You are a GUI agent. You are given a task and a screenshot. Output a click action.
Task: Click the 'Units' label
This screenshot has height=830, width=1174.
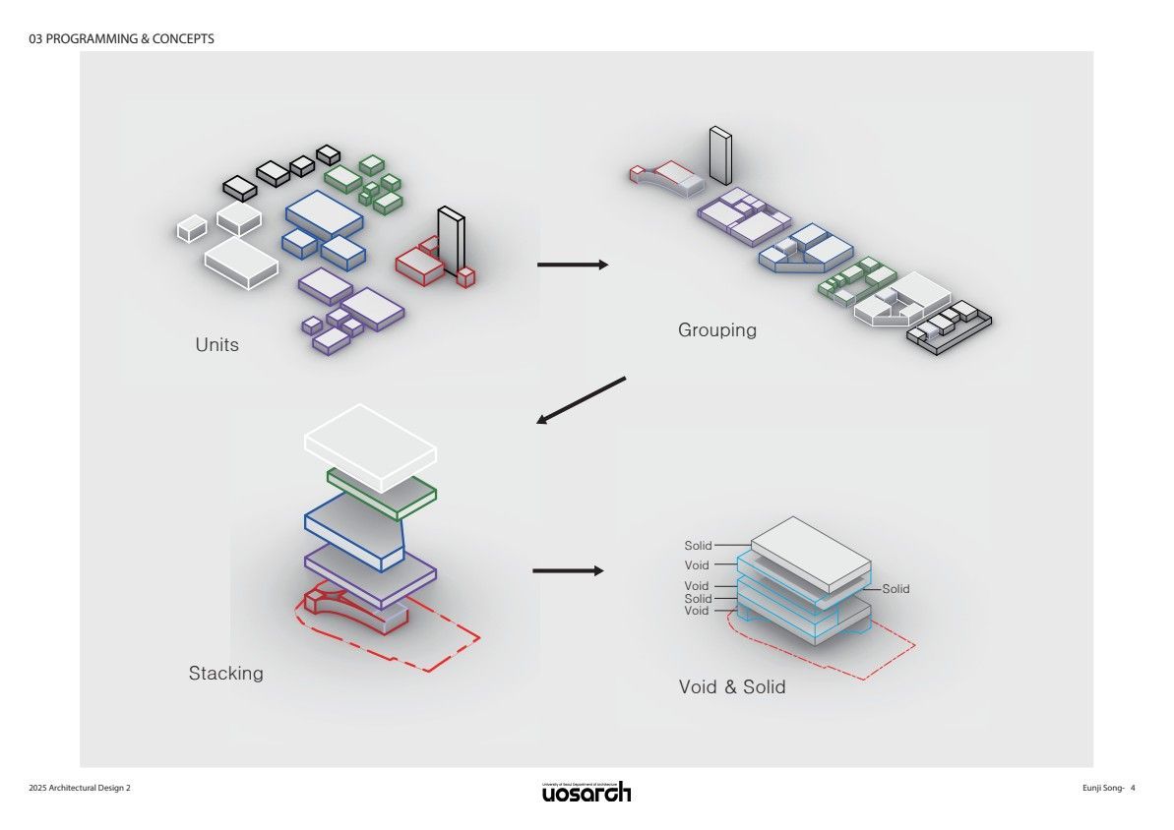point(216,345)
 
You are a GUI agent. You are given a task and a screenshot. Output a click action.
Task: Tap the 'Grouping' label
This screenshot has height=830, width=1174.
point(717,330)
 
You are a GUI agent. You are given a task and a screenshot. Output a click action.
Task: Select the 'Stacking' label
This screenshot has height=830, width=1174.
point(226,674)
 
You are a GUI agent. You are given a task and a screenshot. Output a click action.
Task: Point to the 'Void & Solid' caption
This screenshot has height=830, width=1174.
point(732,687)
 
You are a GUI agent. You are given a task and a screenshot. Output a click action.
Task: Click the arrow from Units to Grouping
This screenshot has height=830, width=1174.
point(573,265)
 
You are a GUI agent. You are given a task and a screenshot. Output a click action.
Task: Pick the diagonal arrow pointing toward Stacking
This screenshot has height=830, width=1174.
point(581,400)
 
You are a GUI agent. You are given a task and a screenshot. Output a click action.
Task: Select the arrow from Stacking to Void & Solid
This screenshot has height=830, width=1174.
point(567,570)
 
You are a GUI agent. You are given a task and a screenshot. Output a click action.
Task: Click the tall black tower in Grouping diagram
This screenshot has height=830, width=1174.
point(720,155)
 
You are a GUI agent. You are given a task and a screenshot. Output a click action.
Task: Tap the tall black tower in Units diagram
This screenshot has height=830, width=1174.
point(451,240)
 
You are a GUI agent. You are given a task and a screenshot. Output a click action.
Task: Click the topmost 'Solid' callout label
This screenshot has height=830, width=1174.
point(698,546)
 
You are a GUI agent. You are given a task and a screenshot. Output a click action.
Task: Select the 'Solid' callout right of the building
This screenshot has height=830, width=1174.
point(896,589)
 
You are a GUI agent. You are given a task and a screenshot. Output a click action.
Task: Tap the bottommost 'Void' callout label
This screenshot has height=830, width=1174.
point(696,611)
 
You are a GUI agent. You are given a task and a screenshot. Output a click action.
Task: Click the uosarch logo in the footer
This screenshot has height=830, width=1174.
point(587,792)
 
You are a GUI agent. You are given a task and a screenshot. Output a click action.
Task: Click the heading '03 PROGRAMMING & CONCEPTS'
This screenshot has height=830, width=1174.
point(122,39)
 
